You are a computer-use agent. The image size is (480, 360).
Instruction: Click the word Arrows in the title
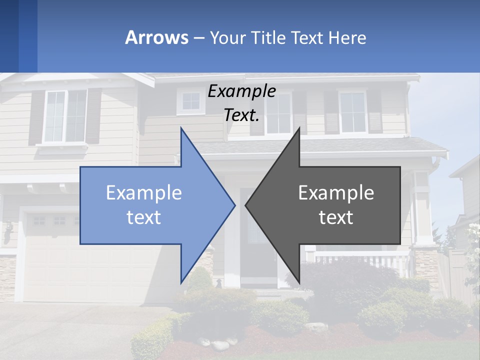tap(156, 37)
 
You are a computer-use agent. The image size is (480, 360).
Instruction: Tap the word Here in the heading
tap(347, 37)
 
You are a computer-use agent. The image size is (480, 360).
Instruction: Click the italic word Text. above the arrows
tap(241, 115)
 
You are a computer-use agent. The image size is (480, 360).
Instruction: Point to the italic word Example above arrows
tap(241, 91)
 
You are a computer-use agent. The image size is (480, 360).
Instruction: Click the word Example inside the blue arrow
tap(144, 193)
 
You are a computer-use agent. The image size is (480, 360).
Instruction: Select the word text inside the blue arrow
tap(144, 217)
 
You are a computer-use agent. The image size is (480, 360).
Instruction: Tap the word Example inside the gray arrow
tap(336, 193)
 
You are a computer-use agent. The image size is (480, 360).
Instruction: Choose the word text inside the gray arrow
tap(336, 217)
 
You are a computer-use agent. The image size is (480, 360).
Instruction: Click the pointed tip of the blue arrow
tap(234, 205)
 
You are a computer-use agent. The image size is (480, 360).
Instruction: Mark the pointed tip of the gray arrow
tap(246, 205)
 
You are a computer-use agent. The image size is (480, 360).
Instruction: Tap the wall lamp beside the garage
tap(8, 232)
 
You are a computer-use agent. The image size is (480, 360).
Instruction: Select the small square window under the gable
tap(190, 101)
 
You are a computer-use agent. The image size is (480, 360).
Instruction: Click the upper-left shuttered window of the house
tap(65, 116)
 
